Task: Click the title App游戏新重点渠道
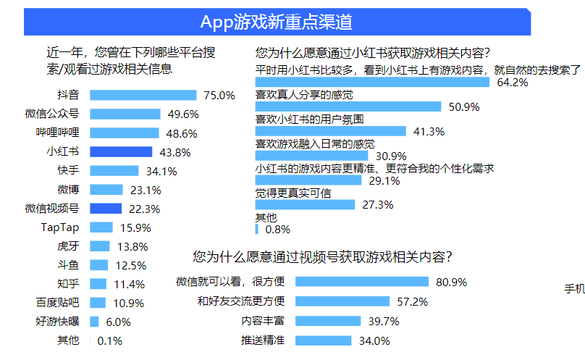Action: pyautogui.click(x=277, y=22)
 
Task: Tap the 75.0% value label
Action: pyautogui.click(x=220, y=95)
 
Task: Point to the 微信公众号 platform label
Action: pyautogui.click(x=52, y=114)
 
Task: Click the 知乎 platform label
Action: pyautogui.click(x=67, y=284)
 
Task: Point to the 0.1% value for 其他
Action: pyautogui.click(x=109, y=340)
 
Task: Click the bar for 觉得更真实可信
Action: pyautogui.click(x=306, y=204)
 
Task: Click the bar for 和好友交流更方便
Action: pyautogui.click(x=342, y=301)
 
